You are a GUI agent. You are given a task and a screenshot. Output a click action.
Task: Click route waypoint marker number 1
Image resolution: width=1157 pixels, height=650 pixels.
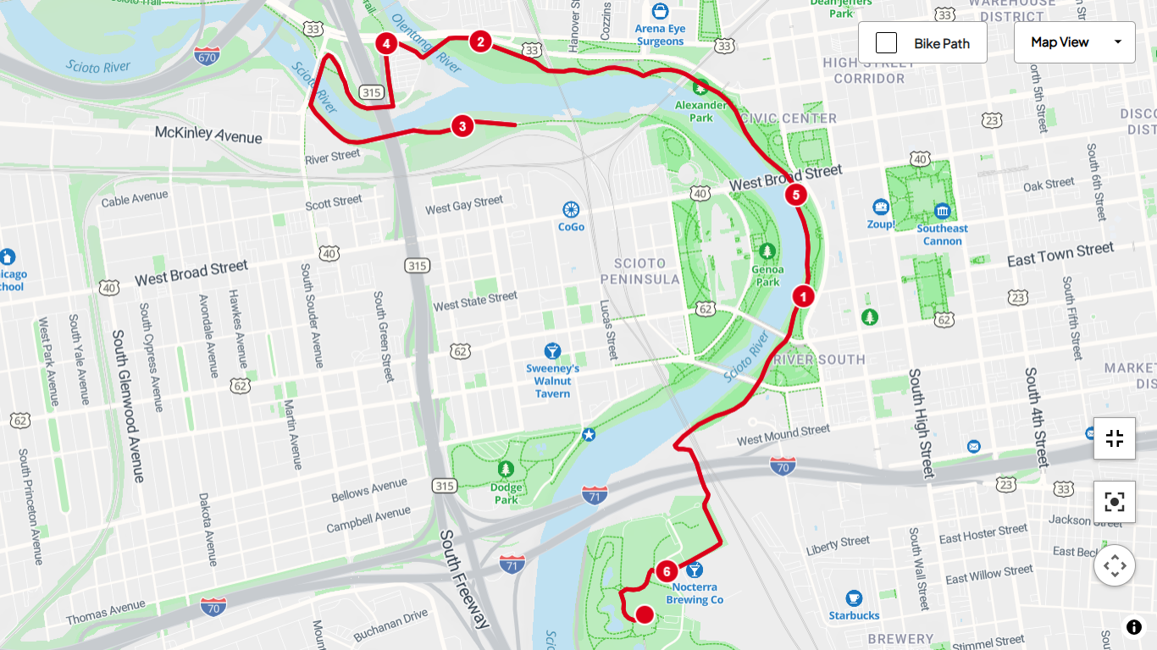pos(803,296)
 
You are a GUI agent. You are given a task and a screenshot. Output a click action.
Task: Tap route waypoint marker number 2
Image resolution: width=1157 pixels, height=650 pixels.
pos(480,41)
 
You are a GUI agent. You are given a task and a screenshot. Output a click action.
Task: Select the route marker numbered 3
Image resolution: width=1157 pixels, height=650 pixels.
pos(462,127)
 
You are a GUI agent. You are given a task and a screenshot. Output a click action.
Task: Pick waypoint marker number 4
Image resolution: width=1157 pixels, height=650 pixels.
pos(386,43)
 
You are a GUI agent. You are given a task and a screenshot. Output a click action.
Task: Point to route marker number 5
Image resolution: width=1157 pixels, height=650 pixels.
pos(794,195)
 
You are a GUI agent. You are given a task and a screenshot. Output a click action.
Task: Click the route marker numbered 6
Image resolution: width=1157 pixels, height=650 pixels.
pos(667,571)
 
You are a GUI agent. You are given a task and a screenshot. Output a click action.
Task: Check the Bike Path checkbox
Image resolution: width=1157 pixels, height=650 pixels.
pos(886,43)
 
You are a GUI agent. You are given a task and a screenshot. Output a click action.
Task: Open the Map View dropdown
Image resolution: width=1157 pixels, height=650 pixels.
pos(1074,42)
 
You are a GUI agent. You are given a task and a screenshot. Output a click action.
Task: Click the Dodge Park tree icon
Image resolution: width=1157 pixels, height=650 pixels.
pos(506,468)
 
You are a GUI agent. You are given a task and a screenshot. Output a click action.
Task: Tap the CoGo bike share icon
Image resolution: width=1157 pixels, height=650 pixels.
pos(571,209)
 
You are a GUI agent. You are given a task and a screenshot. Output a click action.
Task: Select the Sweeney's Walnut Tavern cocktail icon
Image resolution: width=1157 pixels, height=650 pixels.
pos(552,350)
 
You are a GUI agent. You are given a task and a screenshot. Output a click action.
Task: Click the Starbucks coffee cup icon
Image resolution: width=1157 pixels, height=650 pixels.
pos(854,598)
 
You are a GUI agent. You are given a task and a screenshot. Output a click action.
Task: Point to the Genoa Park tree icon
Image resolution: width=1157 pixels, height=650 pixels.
pos(767,251)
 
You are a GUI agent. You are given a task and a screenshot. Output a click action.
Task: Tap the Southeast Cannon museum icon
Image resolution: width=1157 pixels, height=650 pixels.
pos(942,211)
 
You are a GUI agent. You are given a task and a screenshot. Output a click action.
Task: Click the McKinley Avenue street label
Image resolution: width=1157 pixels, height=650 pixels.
pos(208,134)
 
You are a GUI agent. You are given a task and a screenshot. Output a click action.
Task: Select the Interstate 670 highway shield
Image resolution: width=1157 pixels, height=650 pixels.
pos(207,57)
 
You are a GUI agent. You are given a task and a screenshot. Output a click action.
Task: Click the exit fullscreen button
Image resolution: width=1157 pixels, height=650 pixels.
pos(1114,438)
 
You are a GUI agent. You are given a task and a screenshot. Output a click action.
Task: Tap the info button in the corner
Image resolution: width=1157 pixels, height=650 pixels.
pos(1133,627)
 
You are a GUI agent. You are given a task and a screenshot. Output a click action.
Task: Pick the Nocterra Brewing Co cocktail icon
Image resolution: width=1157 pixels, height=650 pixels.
pos(695,570)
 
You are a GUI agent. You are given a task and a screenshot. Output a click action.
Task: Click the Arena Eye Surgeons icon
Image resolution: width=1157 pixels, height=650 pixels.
pos(660,12)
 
